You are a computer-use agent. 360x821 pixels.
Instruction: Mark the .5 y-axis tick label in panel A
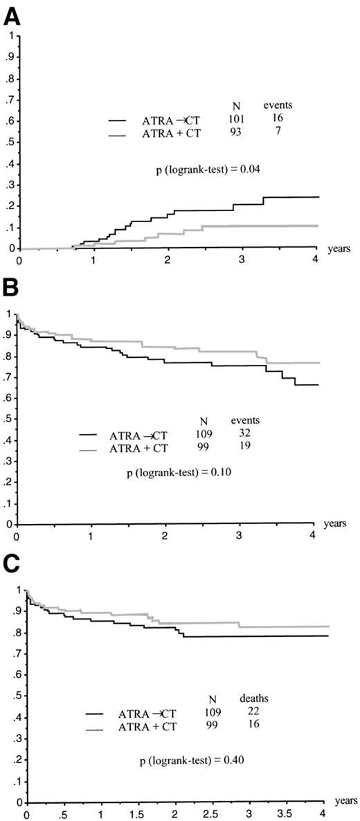(x=8, y=143)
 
